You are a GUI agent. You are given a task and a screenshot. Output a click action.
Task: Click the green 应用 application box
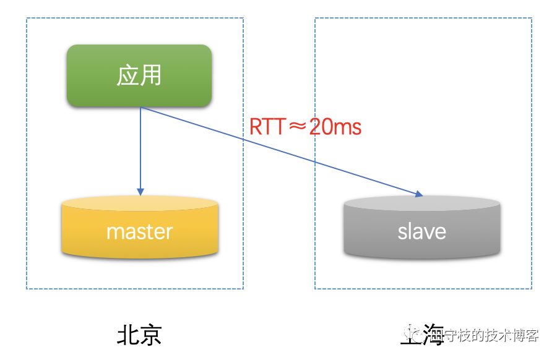[x=139, y=75]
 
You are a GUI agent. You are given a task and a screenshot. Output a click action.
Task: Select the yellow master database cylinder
[x=140, y=232]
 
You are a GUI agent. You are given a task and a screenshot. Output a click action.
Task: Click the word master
[x=140, y=232]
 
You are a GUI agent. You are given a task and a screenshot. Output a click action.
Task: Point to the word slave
[x=422, y=232]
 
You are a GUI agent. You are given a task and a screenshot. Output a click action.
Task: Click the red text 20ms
[x=334, y=127]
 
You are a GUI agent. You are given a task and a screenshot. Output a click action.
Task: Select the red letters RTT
[x=268, y=127]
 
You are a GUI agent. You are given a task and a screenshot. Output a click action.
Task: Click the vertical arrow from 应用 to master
[x=140, y=148]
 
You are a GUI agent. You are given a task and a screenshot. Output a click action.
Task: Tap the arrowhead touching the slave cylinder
[x=418, y=195]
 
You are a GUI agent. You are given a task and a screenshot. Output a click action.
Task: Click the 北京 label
[x=139, y=335]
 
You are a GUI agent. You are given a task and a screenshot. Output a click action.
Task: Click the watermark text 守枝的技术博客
[x=492, y=335]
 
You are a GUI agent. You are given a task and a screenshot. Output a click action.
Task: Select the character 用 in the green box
[x=151, y=75]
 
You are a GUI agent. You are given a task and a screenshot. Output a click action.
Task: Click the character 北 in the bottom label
[x=128, y=335]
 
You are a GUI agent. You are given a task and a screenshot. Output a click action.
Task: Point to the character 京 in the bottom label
[x=151, y=335]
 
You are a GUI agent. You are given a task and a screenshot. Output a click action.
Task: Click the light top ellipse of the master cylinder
[x=140, y=204]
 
